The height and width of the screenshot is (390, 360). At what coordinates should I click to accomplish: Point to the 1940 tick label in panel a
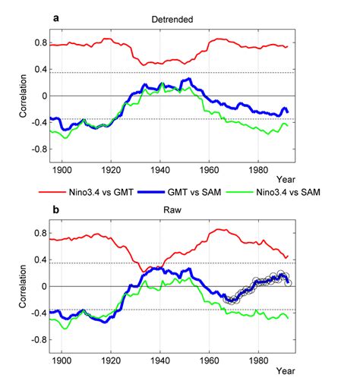point(160,171)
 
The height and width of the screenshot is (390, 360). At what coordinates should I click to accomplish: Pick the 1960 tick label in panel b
point(210,361)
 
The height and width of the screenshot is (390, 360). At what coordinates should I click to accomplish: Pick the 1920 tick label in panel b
point(111,361)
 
